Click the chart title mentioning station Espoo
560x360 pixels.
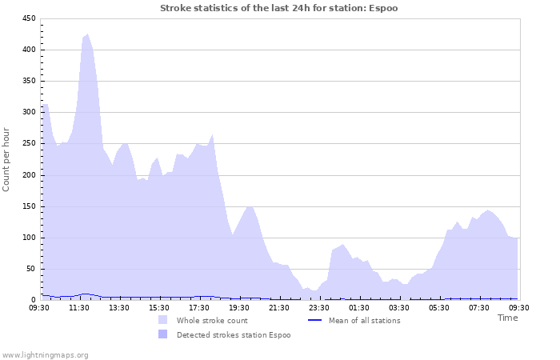coord(278,8)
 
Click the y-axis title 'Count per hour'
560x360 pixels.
coord(7,158)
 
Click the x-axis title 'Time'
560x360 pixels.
coord(507,318)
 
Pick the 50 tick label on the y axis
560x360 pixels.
coord(30,269)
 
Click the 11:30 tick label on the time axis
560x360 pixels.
coord(79,307)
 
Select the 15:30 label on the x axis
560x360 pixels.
coord(159,307)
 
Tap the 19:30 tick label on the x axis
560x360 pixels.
coord(239,307)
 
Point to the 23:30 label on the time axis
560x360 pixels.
coord(319,307)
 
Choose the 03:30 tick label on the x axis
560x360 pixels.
coord(399,307)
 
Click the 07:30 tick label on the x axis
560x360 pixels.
coord(479,307)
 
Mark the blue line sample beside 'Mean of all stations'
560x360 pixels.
coord(314,320)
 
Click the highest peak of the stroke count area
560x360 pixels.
coord(87,34)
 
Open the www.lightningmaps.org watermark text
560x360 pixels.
coord(45,354)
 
